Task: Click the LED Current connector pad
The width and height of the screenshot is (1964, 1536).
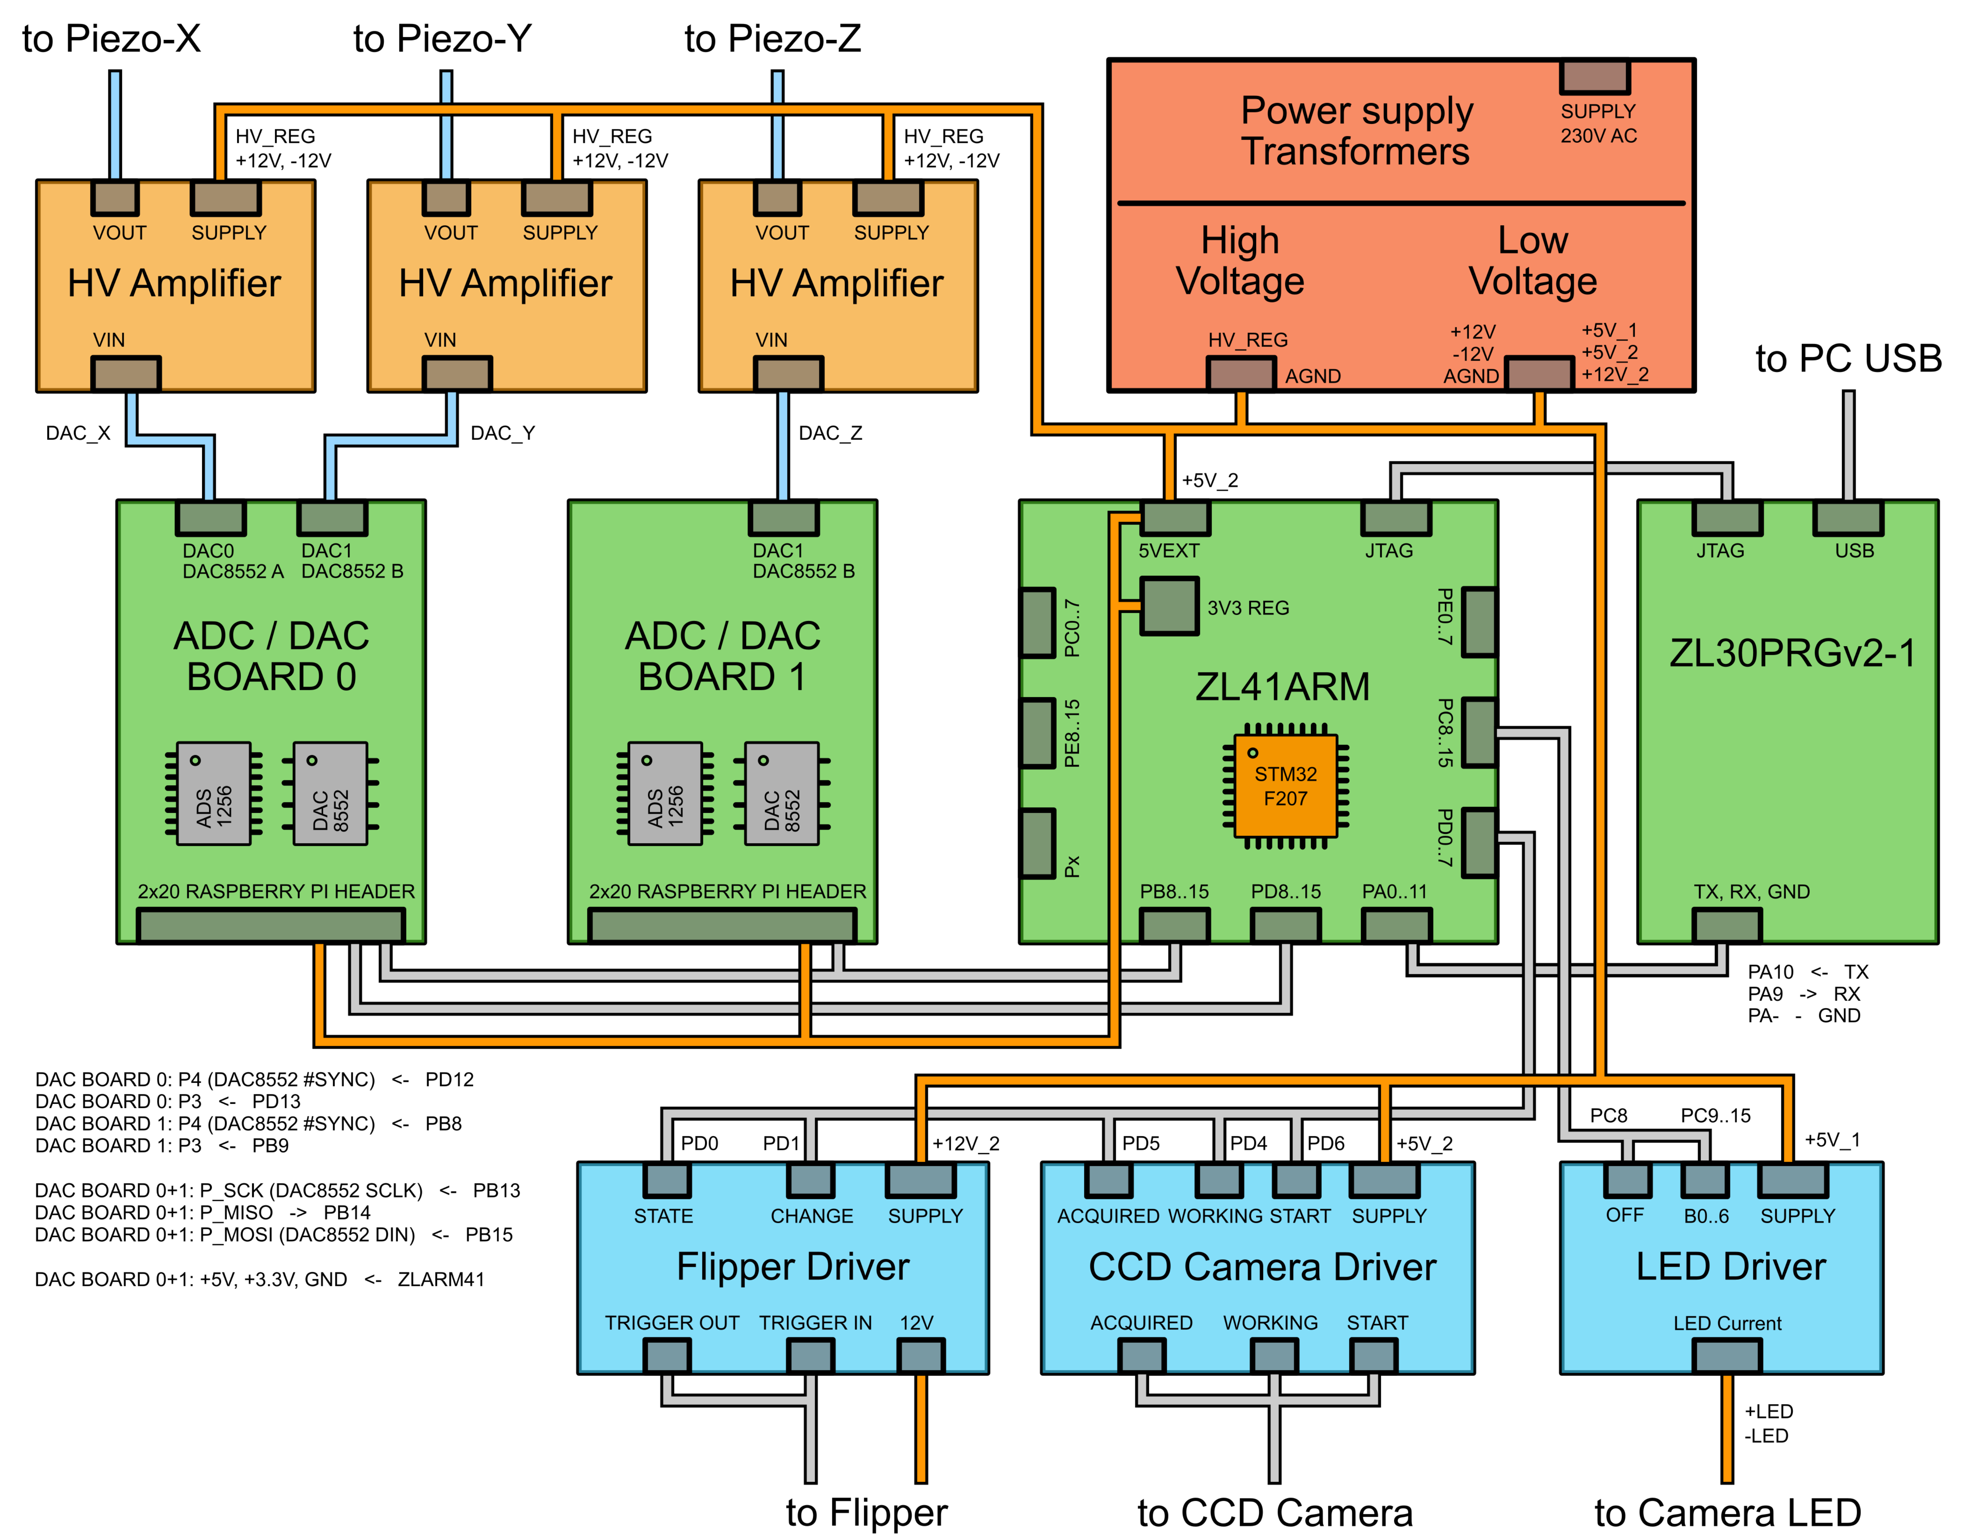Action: coord(1727,1355)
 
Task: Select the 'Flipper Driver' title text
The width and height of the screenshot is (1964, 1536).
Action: coord(793,1266)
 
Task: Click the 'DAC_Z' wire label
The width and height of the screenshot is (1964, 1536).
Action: coord(829,433)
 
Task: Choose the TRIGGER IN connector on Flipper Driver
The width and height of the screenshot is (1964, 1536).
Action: coord(811,1355)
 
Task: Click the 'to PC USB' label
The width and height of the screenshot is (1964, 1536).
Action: coord(1848,359)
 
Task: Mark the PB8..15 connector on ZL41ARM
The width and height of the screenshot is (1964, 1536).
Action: coord(1174,925)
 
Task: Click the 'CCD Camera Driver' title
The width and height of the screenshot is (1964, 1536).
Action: coord(1261,1266)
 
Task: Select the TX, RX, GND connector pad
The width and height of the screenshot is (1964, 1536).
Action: coord(1727,925)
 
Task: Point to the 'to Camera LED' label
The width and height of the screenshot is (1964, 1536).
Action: coord(1727,1513)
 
